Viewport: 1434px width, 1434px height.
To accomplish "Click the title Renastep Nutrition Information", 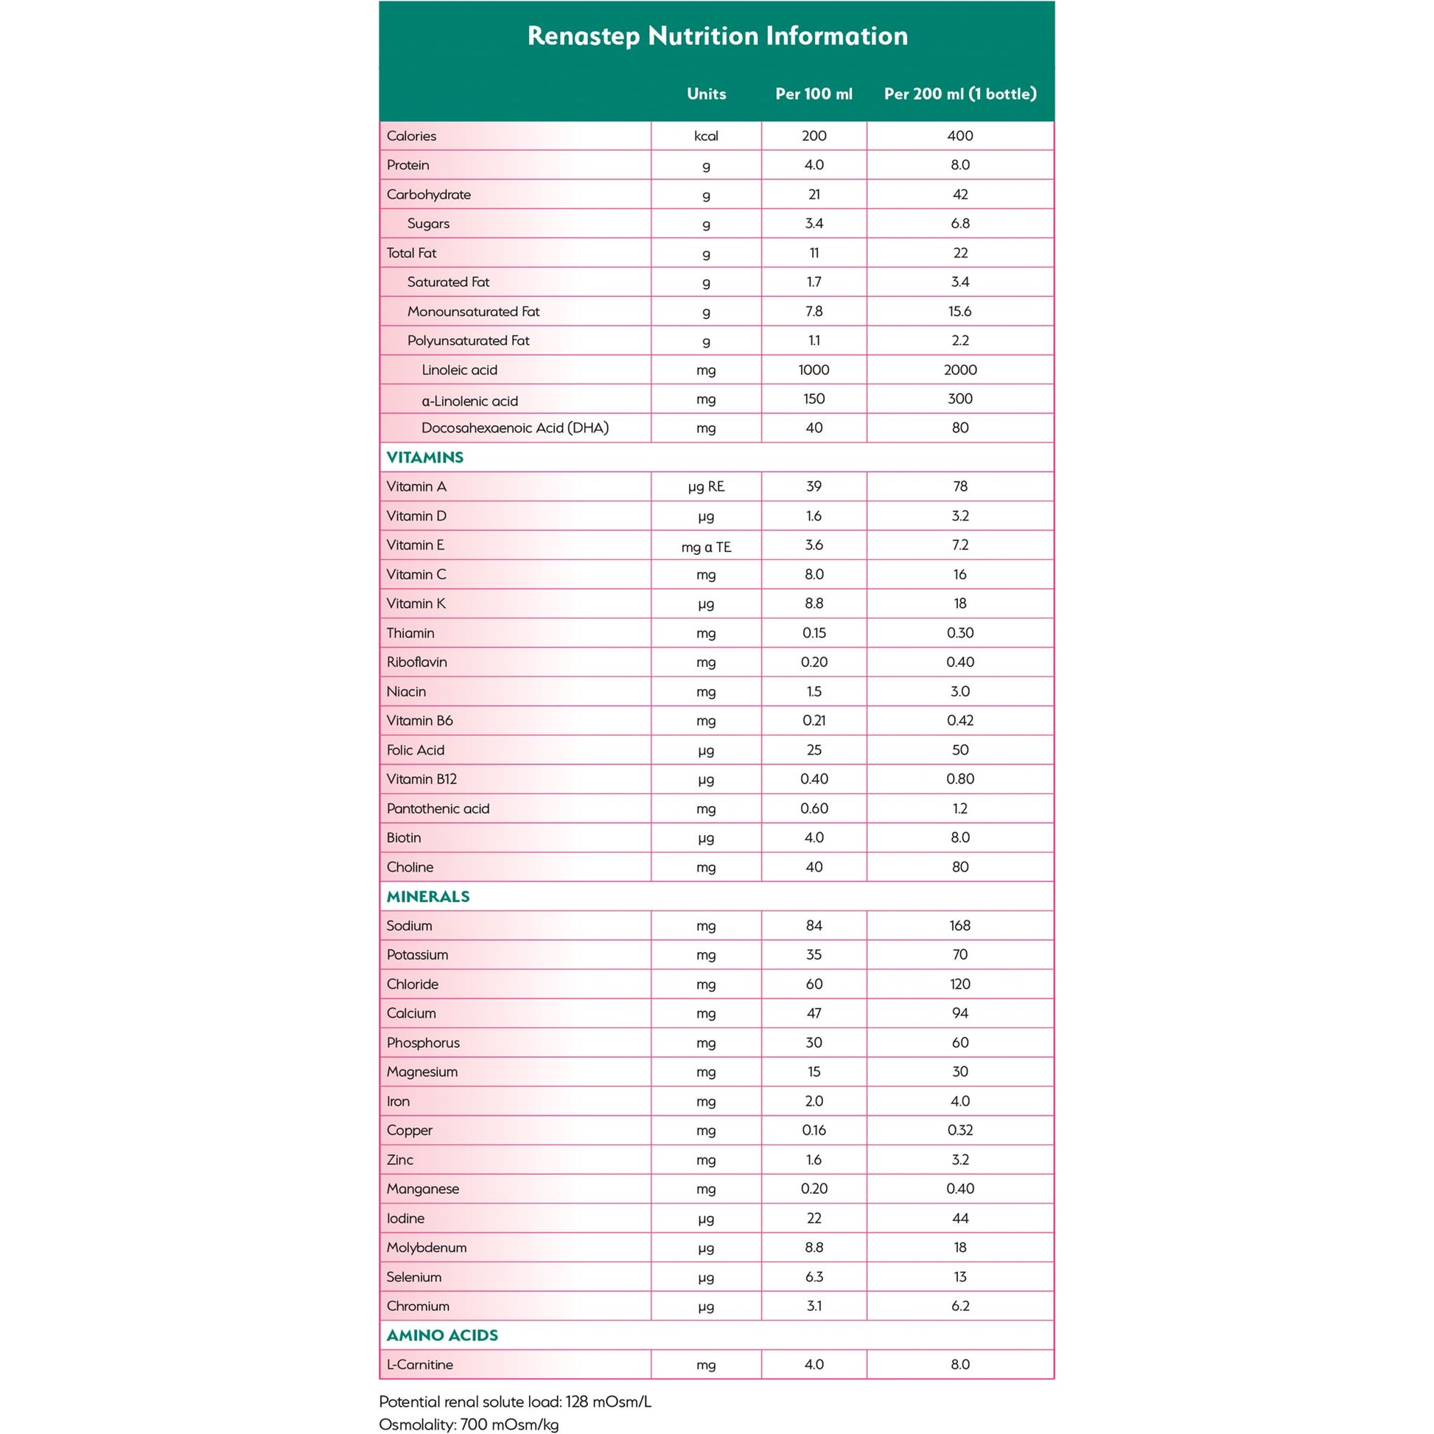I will click(717, 35).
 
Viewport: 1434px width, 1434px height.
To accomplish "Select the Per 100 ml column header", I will click(814, 94).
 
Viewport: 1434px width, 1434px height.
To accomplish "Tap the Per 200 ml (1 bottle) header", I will click(959, 94).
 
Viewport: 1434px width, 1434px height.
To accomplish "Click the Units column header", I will click(706, 94).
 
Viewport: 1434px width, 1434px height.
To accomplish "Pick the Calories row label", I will click(411, 136).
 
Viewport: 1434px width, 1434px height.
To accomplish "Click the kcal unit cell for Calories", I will click(706, 136).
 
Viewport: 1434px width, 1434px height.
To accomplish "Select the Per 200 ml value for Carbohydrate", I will click(959, 195).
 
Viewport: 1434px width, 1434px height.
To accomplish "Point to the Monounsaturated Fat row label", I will click(473, 312).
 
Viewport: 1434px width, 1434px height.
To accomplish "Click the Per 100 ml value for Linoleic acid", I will click(814, 370).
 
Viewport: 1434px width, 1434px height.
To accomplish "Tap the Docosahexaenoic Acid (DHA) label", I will click(514, 428).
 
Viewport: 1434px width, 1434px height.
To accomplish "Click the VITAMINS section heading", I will click(424, 457).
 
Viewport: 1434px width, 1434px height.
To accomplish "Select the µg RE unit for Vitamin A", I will click(706, 487).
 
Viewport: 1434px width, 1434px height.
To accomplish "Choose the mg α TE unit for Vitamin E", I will click(706, 547).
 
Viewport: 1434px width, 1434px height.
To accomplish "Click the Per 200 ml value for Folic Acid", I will click(959, 750).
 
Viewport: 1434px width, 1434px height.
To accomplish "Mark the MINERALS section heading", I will click(427, 897).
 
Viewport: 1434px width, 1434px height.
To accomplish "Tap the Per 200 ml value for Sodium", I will click(959, 926).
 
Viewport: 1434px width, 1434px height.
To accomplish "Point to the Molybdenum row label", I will click(426, 1248).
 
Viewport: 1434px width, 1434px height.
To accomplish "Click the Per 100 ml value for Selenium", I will click(814, 1276).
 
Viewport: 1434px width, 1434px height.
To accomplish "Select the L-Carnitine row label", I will click(419, 1364).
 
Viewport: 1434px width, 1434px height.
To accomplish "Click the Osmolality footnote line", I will click(469, 1424).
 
